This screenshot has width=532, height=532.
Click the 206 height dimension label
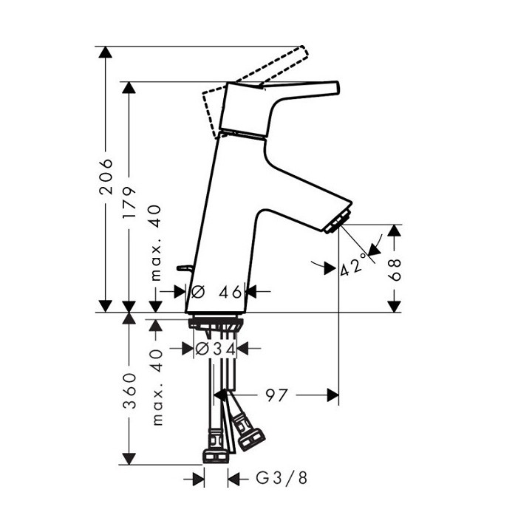[x=107, y=176]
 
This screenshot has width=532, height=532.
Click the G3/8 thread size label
[x=280, y=480]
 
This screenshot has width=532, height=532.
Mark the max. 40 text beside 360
[x=156, y=386]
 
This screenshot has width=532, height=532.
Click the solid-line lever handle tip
[x=332, y=88]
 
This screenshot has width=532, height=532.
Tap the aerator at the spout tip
[x=338, y=222]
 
